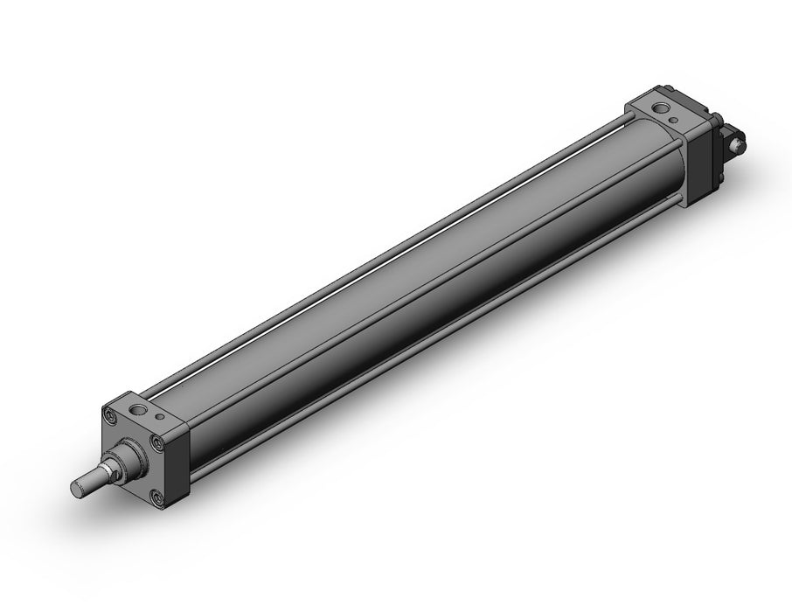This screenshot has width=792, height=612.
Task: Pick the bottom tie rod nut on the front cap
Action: point(157,498)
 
